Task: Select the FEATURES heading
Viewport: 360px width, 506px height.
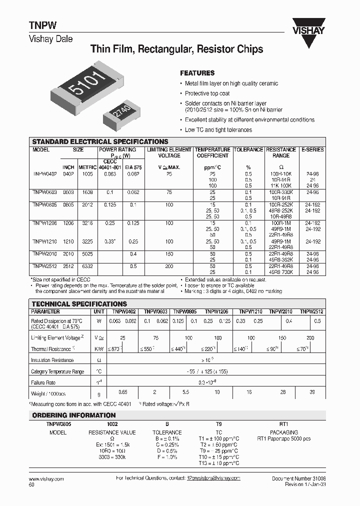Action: pos(197,72)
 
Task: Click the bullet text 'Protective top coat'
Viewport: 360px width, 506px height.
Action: pos(207,93)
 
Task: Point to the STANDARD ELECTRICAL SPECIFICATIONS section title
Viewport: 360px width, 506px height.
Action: pos(100,141)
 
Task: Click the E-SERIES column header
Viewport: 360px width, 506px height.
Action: pos(312,149)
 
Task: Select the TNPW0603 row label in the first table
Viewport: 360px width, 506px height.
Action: pos(44,191)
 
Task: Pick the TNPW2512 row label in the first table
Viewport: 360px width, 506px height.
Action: pos(44,266)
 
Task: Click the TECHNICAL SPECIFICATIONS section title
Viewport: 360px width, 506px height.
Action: pos(79,303)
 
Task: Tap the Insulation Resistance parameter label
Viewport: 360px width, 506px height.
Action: pos(52,360)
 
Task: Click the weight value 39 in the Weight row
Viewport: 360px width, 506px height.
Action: pos(312,393)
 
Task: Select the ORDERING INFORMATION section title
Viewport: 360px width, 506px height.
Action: pos(73,415)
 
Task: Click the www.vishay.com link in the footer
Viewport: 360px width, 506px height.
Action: pos(43,478)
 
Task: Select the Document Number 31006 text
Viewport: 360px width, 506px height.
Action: pos(298,478)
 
